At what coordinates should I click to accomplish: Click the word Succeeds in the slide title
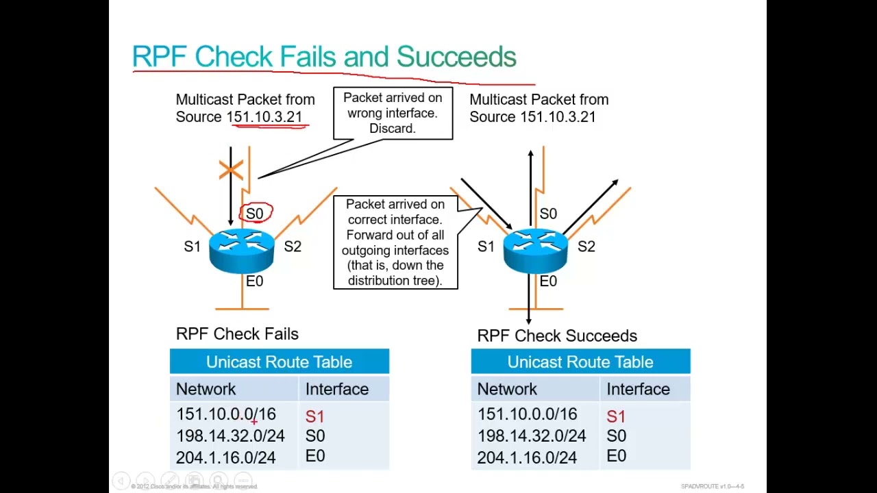click(456, 57)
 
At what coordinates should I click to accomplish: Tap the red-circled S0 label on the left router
click(255, 214)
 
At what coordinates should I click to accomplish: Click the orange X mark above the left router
click(231, 170)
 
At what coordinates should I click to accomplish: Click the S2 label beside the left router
click(293, 246)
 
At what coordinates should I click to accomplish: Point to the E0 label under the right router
click(548, 281)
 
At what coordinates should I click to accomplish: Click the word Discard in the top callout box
click(392, 128)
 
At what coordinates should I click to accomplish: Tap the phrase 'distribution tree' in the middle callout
click(395, 280)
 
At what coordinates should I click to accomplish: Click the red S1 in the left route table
click(314, 416)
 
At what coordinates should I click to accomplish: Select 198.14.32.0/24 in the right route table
click(531, 436)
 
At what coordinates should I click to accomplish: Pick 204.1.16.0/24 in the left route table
click(225, 457)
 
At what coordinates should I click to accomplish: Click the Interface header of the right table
click(638, 389)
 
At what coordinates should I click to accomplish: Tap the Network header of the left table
click(206, 389)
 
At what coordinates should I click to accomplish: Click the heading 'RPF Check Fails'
click(237, 334)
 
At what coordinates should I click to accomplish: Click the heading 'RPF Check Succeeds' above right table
click(556, 336)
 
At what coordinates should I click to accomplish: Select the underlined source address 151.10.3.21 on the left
click(264, 117)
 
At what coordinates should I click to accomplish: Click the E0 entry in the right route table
click(616, 456)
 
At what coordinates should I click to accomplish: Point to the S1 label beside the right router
click(486, 246)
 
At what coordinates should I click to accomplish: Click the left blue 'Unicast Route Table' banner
click(279, 362)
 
